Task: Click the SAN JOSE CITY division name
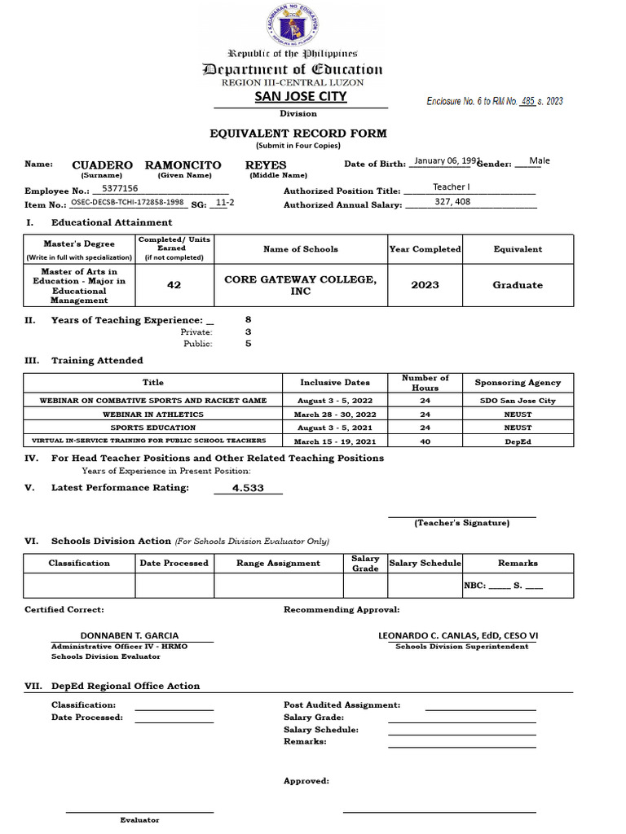pyautogui.click(x=301, y=96)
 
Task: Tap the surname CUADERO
pyautogui.click(x=102, y=165)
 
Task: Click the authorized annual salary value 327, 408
pyautogui.click(x=452, y=201)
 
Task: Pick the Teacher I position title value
pyautogui.click(x=451, y=187)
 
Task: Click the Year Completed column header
pyautogui.click(x=425, y=249)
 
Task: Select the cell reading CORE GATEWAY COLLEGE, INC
pyautogui.click(x=300, y=285)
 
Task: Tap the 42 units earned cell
pyautogui.click(x=174, y=285)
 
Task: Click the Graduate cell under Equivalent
pyautogui.click(x=518, y=285)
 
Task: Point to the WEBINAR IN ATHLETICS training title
pyautogui.click(x=152, y=414)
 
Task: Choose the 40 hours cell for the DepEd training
pyautogui.click(x=425, y=441)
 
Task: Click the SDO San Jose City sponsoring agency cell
pyautogui.click(x=518, y=401)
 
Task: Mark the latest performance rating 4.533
pyautogui.click(x=248, y=488)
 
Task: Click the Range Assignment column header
pyautogui.click(x=278, y=563)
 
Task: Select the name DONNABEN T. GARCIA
pyautogui.click(x=130, y=635)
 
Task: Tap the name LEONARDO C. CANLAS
pyautogui.click(x=457, y=635)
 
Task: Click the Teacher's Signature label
pyautogui.click(x=461, y=523)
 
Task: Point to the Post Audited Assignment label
pyautogui.click(x=342, y=705)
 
